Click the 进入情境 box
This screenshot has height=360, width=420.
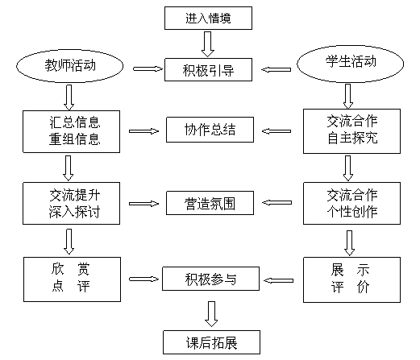pos(208,18)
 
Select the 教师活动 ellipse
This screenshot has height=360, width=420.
pos(70,66)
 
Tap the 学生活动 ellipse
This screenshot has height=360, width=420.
pos(350,64)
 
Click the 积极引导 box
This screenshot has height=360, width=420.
pos(208,69)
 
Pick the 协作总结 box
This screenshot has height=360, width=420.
pos(210,130)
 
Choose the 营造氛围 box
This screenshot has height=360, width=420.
pos(210,203)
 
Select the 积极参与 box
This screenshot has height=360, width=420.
pos(210,279)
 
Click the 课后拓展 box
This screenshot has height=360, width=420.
pos(211,342)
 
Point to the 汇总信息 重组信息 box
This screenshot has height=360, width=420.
pos(71,131)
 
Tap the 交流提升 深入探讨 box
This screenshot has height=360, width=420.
pos(71,203)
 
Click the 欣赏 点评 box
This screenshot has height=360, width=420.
pos(72,279)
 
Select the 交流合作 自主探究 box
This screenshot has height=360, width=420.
pos(351,131)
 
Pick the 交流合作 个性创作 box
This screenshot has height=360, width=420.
pos(351,203)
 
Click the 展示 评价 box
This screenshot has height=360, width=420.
pos(351,279)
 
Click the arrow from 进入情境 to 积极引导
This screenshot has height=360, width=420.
pos(208,44)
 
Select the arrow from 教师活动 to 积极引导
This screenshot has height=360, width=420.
pos(148,69)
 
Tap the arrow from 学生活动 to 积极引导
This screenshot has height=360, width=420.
pos(276,69)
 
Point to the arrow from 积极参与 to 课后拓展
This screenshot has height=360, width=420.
pos(211,314)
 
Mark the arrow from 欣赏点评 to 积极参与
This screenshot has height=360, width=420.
pos(143,279)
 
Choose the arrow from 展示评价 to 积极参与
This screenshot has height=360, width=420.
pos(278,280)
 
